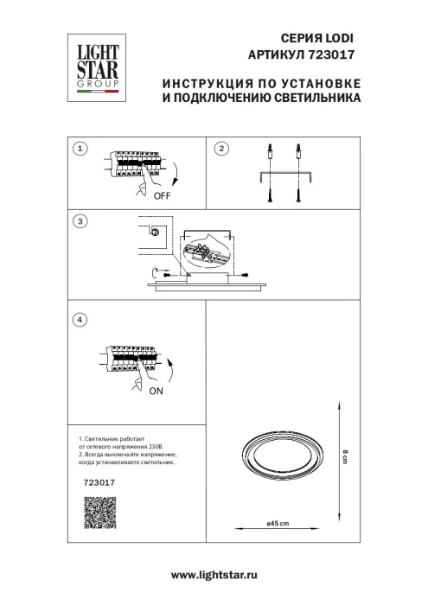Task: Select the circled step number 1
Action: click(80, 149)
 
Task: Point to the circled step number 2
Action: click(220, 149)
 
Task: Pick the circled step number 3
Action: click(80, 221)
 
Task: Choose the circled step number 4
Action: click(80, 321)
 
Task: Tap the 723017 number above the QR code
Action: click(97, 484)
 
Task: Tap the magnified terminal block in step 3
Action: click(208, 254)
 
